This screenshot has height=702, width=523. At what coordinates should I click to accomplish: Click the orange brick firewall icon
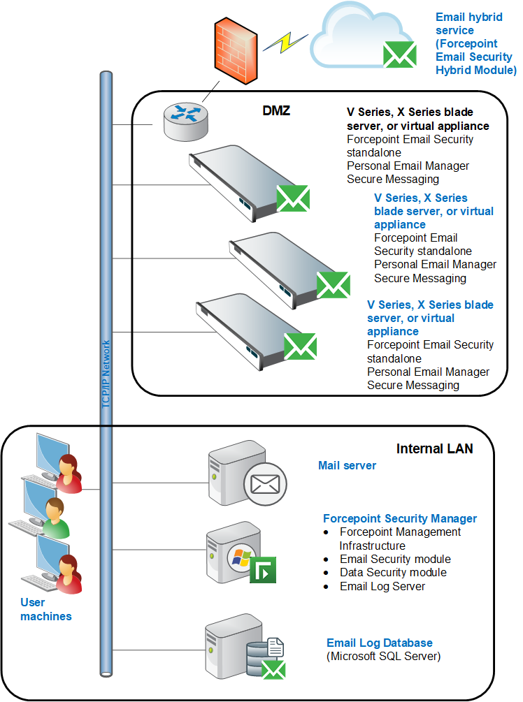click(x=236, y=50)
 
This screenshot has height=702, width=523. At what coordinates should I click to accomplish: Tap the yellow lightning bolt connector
click(x=285, y=43)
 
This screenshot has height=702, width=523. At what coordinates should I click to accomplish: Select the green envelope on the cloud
click(x=400, y=54)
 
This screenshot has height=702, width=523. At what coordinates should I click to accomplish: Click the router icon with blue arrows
click(x=185, y=121)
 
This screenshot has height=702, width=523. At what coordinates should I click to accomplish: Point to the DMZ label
click(x=276, y=110)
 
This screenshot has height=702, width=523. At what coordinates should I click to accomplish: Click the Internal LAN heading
click(x=434, y=448)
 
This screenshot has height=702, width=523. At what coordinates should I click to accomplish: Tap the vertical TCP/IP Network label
click(x=106, y=374)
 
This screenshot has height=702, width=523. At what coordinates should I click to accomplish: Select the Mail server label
click(x=347, y=466)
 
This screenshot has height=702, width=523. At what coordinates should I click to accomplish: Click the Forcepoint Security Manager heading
click(x=400, y=518)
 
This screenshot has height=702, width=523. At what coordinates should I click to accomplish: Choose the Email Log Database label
click(x=380, y=643)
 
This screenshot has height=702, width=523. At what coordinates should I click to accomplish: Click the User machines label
click(x=45, y=609)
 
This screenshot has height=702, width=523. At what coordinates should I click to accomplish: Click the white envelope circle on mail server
click(x=265, y=484)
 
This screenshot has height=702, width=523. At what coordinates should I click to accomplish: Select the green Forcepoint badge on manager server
click(x=263, y=570)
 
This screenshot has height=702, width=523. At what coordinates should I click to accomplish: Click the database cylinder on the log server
click(x=259, y=658)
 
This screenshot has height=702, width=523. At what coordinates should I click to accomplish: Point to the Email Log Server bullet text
click(x=382, y=586)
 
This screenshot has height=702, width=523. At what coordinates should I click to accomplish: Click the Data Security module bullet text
click(x=393, y=572)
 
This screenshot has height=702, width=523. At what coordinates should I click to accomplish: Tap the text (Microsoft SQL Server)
click(x=384, y=657)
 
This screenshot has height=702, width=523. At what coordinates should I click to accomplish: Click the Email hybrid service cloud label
click(x=476, y=43)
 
